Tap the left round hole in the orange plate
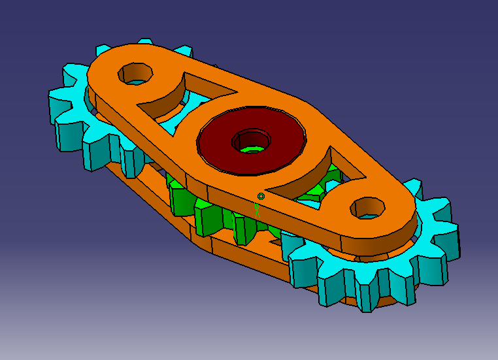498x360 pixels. click(x=135, y=73)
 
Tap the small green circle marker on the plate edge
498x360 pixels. click(x=261, y=196)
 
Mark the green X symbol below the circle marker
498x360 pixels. click(x=257, y=208)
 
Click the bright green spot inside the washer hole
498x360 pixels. click(x=250, y=148)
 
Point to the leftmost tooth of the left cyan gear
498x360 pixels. click(x=56, y=105)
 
